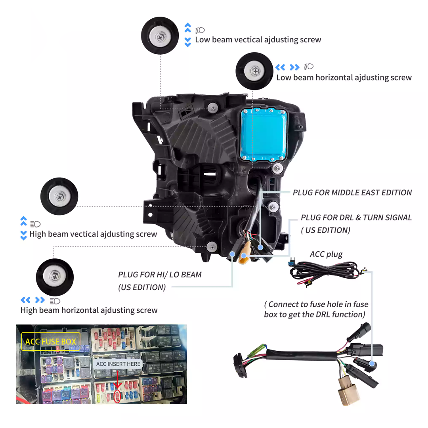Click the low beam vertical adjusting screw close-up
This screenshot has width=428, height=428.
point(160,36)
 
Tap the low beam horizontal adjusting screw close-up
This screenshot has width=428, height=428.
point(254,71)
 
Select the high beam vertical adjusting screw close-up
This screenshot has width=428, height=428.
point(59,196)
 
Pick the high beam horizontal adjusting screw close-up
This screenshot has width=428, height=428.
point(55,277)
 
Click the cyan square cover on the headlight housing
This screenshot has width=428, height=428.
point(264,134)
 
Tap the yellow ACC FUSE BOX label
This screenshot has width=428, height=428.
point(51,342)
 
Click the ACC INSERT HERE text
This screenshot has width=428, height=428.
point(118,364)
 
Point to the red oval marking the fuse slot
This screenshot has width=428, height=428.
point(117,396)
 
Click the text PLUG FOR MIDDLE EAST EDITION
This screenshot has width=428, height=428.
point(352,193)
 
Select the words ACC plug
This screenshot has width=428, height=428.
point(326,254)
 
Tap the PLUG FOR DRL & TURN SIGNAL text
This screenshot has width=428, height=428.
point(356,218)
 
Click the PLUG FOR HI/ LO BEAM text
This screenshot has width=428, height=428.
point(160,275)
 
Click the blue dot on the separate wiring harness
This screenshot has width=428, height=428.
point(372,363)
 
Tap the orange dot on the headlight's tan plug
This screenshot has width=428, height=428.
point(243,256)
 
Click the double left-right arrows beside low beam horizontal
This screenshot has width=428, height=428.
point(287,67)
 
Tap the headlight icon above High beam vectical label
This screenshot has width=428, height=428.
point(36,224)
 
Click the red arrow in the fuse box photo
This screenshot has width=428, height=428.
point(117,379)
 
